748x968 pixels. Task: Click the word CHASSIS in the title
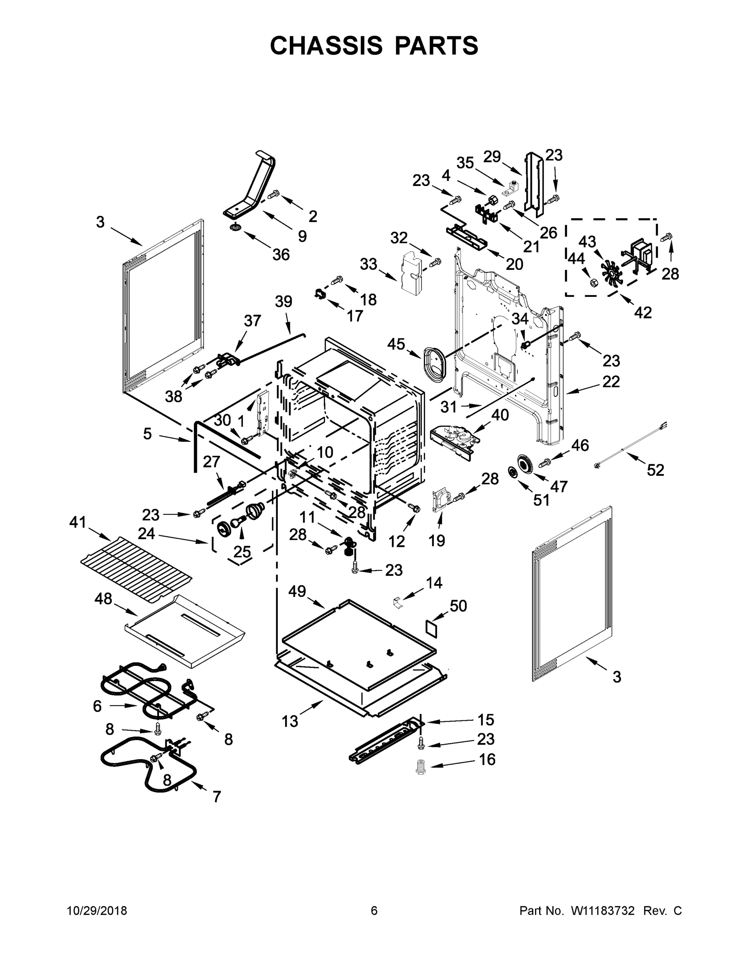pyautogui.click(x=326, y=45)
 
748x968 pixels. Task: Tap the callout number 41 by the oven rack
pyautogui.click(x=77, y=522)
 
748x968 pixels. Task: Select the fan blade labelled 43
pyautogui.click(x=612, y=274)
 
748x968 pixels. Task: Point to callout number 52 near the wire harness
pyautogui.click(x=655, y=470)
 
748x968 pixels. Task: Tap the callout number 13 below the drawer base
pyautogui.click(x=290, y=722)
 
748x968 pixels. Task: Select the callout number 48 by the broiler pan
pyautogui.click(x=103, y=599)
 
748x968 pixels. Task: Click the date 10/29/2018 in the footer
pyautogui.click(x=97, y=911)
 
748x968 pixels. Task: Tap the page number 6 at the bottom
pyautogui.click(x=374, y=911)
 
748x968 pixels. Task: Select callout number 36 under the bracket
pyautogui.click(x=281, y=255)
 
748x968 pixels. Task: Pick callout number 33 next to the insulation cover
pyautogui.click(x=368, y=264)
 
